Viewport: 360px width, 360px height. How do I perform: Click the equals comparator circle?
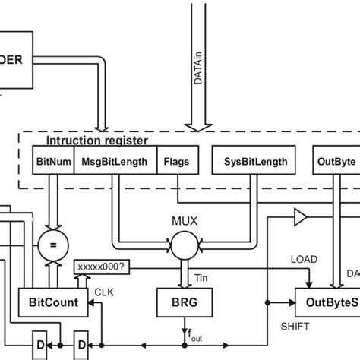coord(52,245)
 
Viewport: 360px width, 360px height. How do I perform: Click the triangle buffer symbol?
coord(301,220)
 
